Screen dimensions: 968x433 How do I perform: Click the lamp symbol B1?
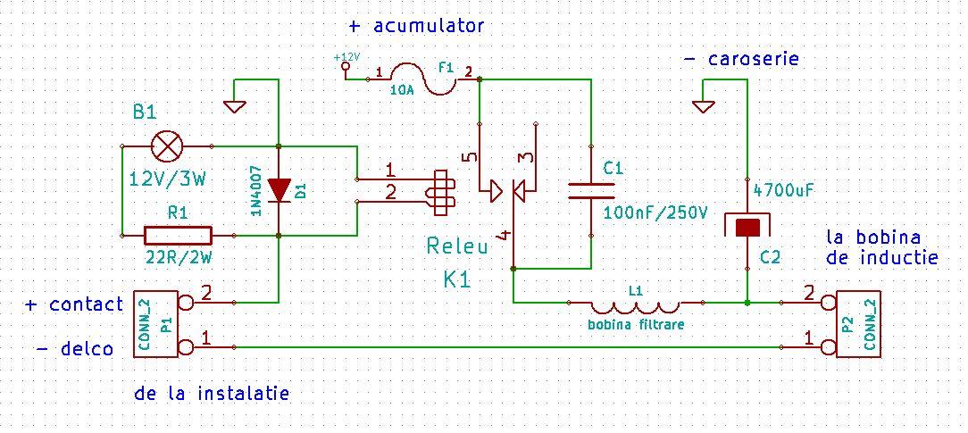pos(167,146)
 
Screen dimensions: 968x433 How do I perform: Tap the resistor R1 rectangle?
pos(178,236)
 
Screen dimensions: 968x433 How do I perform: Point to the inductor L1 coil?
pos(635,305)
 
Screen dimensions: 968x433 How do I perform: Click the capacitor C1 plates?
pos(591,190)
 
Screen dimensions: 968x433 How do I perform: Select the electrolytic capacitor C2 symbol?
pos(747,226)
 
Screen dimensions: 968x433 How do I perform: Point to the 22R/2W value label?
pos(179,258)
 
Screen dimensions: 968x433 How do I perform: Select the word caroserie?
pos(753,59)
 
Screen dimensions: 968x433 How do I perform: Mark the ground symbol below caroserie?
pos(703,105)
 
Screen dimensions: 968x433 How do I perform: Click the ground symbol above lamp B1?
pos(235,105)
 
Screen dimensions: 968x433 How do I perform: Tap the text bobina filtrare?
pos(635,325)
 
